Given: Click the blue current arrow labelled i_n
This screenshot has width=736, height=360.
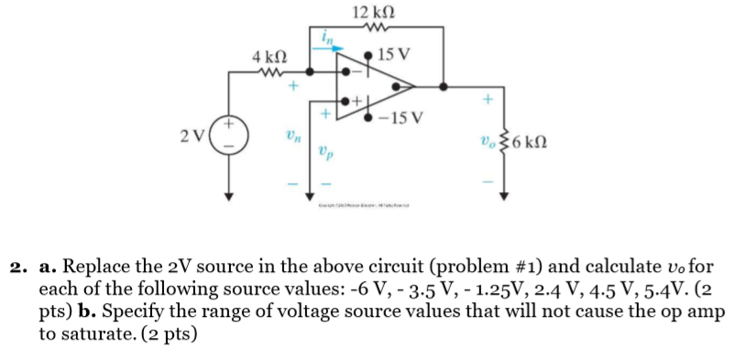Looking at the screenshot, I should coord(331,48).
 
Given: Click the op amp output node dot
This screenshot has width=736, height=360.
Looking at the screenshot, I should coord(444,88).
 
